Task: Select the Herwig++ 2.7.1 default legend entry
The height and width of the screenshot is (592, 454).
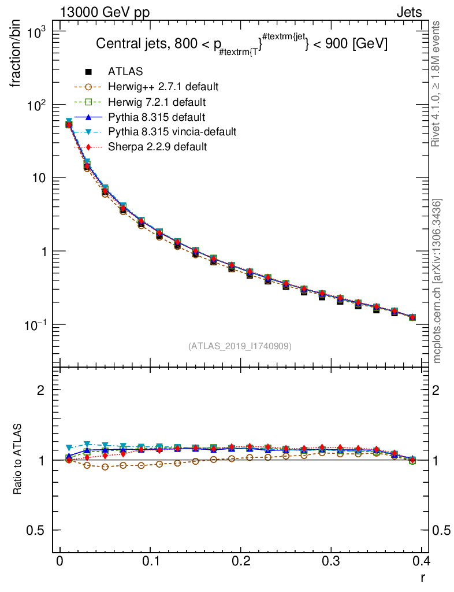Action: pyautogui.click(x=163, y=87)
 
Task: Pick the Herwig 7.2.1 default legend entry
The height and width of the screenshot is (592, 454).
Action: pyautogui.click(x=157, y=102)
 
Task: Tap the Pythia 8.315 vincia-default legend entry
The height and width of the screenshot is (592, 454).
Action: pyautogui.click(x=172, y=132)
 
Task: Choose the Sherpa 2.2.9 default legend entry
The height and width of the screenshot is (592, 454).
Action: pyautogui.click(x=157, y=147)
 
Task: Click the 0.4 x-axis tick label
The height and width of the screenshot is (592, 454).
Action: pyautogui.click(x=421, y=561)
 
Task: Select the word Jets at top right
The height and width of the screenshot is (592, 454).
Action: pyautogui.click(x=408, y=13)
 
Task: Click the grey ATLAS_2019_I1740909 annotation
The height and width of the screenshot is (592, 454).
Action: pyautogui.click(x=239, y=346)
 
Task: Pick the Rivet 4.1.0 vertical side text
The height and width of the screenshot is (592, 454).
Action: pyautogui.click(x=437, y=84)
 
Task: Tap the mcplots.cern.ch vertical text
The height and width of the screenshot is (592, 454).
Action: pyautogui.click(x=437, y=281)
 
